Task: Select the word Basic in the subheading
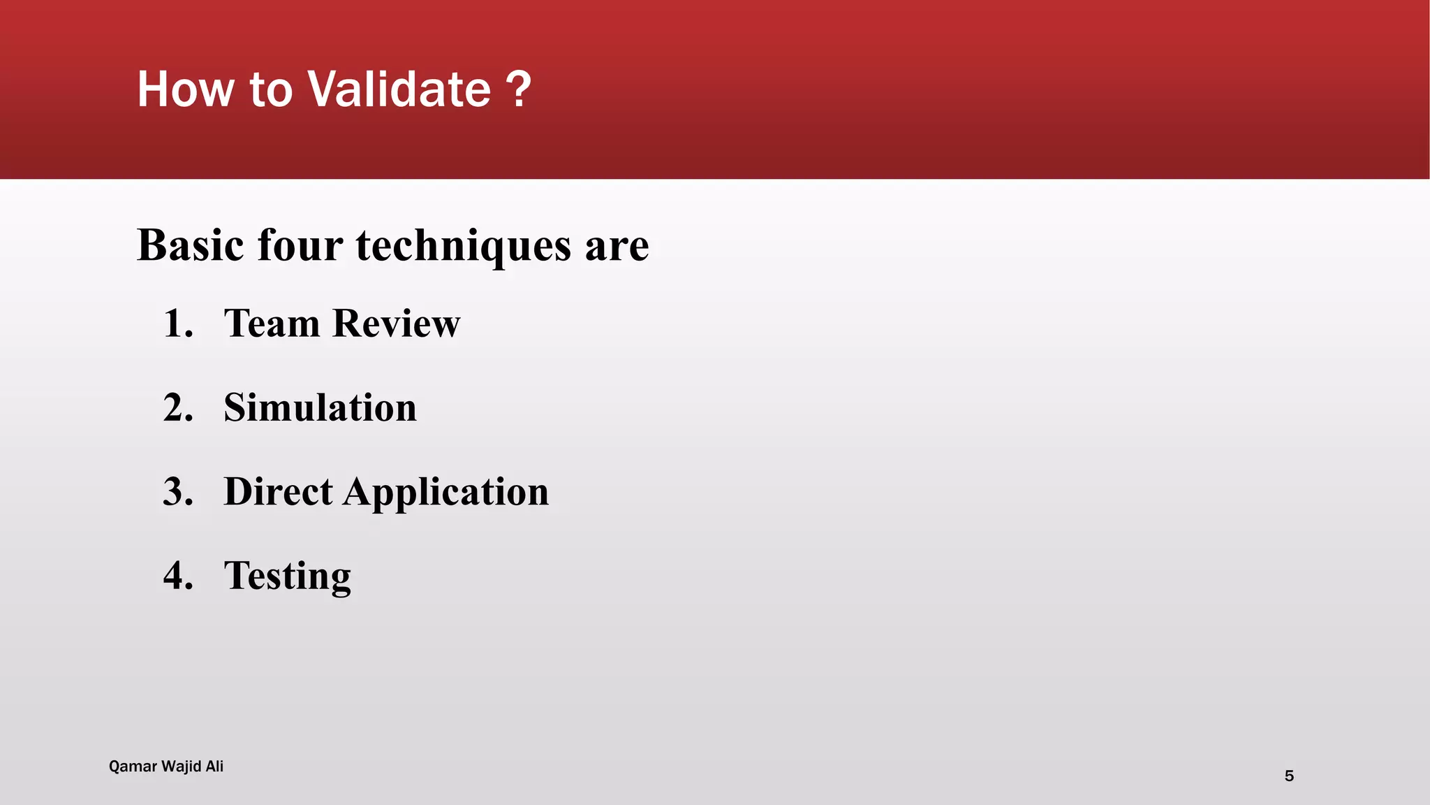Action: pyautogui.click(x=191, y=245)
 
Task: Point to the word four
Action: pyautogui.click(x=300, y=245)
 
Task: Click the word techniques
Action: pyautogui.click(x=464, y=247)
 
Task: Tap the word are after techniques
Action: pyautogui.click(x=617, y=247)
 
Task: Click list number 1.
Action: pyautogui.click(x=177, y=324)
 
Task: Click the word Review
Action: pyautogui.click(x=397, y=324)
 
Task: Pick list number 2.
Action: pyautogui.click(x=177, y=407)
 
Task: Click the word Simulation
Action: pyautogui.click(x=320, y=407)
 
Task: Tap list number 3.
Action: pyautogui.click(x=177, y=491)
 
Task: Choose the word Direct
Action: pyautogui.click(x=278, y=491)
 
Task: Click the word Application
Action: pyautogui.click(x=445, y=493)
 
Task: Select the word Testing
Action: pyautogui.click(x=287, y=576)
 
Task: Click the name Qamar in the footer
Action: pyautogui.click(x=133, y=767)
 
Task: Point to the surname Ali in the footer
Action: pyautogui.click(x=214, y=766)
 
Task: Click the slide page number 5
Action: pyautogui.click(x=1289, y=776)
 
